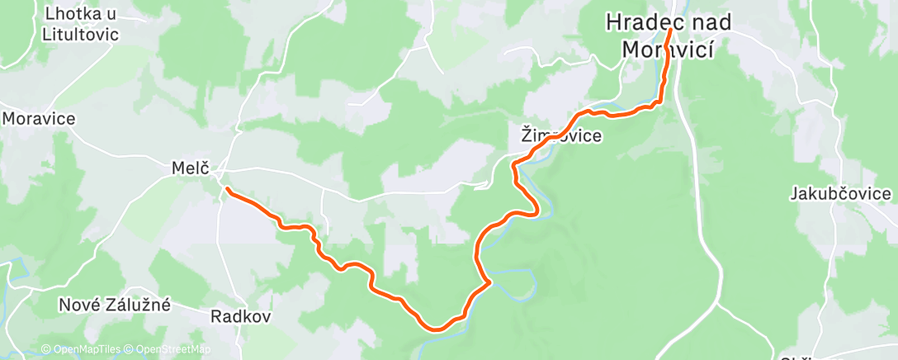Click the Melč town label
coord(187,168)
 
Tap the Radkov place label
coord(241,316)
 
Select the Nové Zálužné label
coord(115,305)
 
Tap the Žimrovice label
coord(560,135)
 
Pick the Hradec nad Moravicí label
coord(668,36)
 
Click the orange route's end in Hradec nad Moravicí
coord(669,31)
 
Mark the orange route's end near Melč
coord(226,190)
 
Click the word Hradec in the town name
coord(638,22)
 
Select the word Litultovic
coord(80,35)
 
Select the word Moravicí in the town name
coord(667,49)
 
